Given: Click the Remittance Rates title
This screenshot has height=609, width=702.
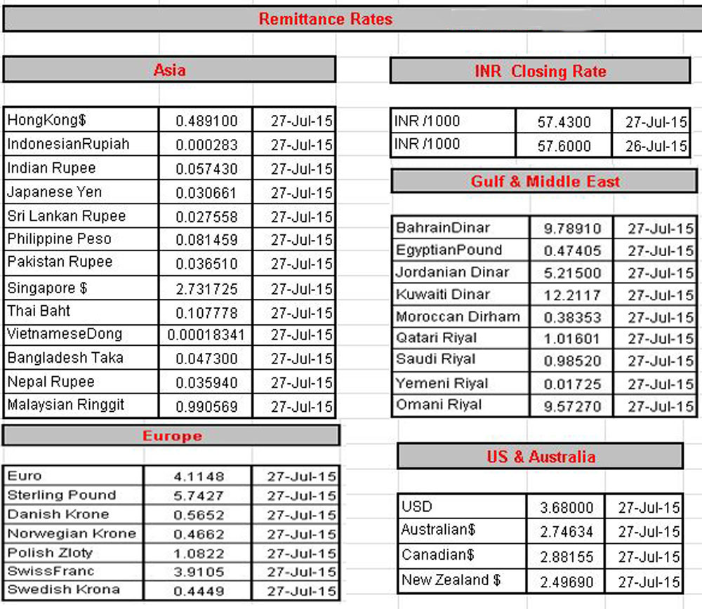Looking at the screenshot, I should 326,19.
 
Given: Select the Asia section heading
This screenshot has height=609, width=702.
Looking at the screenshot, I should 169,69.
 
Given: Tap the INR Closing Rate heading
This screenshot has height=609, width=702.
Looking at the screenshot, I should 540,71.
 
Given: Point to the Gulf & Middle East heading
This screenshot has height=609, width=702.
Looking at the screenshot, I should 545,182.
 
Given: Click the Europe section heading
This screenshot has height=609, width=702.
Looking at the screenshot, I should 172,436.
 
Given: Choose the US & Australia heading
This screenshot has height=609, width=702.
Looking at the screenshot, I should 541,457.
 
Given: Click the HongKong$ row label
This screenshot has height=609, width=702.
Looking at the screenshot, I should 47,120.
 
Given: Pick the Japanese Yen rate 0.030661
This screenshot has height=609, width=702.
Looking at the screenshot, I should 206,193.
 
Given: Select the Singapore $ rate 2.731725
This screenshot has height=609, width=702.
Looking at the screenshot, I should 206,289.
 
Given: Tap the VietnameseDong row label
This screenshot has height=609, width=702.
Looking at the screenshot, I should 65,334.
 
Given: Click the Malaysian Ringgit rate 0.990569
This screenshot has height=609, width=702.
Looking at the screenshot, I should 206,407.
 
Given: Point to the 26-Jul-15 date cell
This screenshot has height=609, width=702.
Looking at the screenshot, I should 656,147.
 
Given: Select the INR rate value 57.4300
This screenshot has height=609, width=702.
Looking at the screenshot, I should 564,122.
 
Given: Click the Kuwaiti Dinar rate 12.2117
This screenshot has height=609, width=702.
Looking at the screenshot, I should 571,295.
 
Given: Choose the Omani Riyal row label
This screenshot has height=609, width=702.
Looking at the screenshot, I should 439,405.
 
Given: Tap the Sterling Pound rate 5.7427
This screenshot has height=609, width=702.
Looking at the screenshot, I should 199,496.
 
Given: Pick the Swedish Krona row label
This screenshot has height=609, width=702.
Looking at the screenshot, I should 63,589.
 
